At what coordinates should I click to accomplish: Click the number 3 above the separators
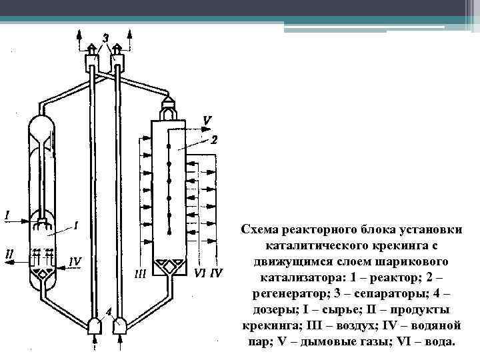105,36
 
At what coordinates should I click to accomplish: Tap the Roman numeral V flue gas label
207,121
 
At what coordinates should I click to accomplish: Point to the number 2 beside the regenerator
213,141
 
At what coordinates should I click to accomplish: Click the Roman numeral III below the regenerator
140,273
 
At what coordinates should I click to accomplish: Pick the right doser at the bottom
121,325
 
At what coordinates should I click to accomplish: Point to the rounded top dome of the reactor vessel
45,125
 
